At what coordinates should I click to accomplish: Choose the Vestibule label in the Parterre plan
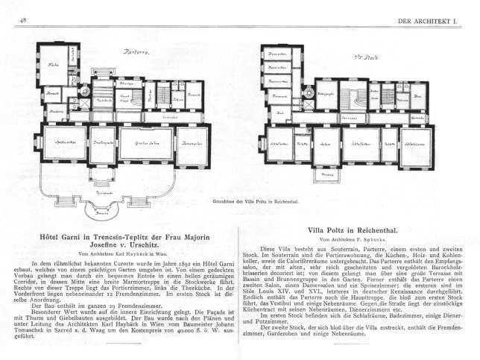click(106, 99)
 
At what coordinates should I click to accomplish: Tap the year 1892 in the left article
click(158, 266)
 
